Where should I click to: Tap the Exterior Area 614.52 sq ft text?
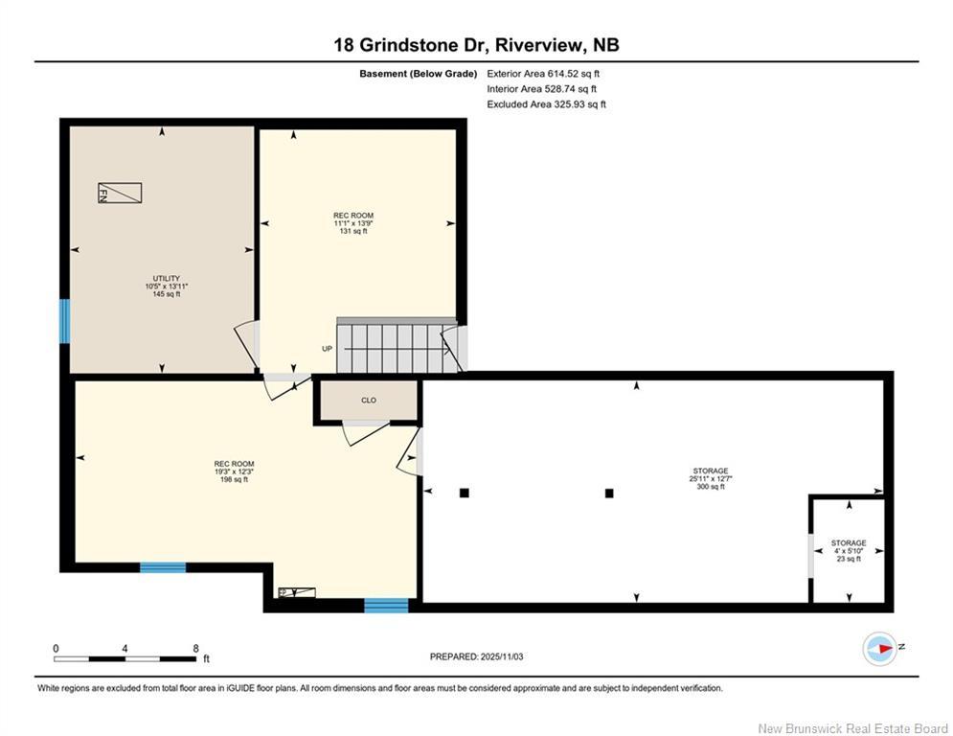coord(543,73)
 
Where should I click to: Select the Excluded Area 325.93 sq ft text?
coord(546,104)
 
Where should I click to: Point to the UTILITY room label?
coord(166,279)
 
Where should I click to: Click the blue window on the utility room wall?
coord(65,321)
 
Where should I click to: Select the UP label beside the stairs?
coord(327,349)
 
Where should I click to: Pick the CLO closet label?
coord(368,401)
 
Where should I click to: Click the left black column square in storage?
coord(465,493)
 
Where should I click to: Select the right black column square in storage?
coord(608,494)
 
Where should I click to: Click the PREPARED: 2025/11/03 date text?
coord(476,656)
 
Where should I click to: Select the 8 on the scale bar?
coord(195,648)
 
